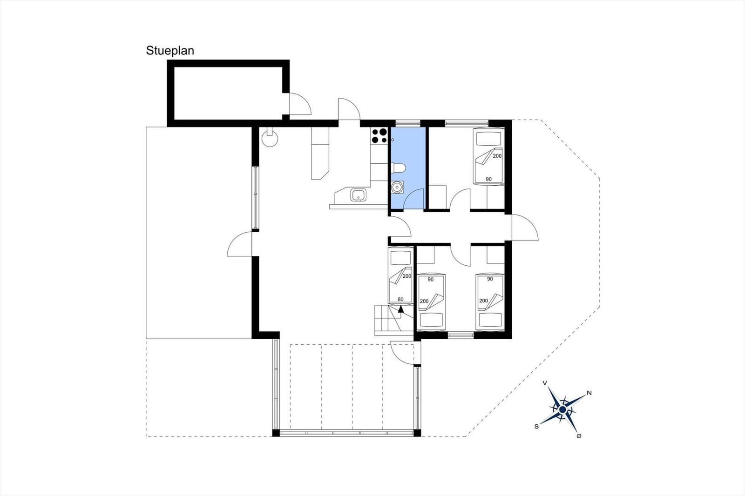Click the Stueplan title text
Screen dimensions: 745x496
170,51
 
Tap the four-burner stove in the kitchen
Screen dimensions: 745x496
379,136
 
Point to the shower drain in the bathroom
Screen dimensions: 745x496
397,188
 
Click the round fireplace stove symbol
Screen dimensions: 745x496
270,138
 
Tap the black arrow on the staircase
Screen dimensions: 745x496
401,309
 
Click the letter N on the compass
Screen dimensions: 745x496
589,393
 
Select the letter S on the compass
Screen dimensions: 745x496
536,427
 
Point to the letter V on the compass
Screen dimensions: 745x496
545,383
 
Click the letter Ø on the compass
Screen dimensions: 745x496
579,436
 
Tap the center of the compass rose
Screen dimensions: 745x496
562,409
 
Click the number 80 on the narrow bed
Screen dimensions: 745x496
400,299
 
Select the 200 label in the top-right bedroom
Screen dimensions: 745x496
497,155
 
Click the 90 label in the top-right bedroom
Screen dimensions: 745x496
488,179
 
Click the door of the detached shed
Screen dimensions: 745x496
300,104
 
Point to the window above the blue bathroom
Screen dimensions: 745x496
408,123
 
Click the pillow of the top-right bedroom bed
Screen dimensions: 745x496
488,138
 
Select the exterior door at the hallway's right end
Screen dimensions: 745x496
525,228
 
